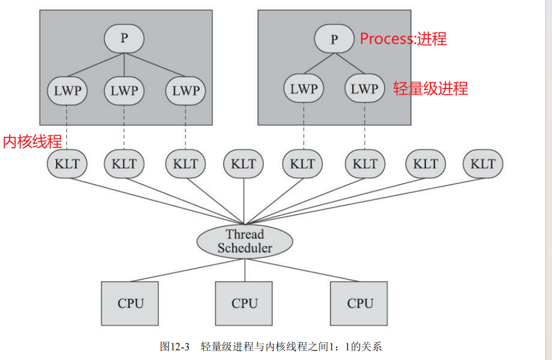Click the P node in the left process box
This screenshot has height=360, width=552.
(124, 39)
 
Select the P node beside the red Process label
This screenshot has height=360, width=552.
(334, 39)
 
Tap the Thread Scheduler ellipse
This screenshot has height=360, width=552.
(245, 241)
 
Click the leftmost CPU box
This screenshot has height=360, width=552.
(131, 303)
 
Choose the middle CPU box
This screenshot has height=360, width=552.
(244, 303)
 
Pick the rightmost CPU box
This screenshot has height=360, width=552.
(360, 303)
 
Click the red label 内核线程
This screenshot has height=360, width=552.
(33, 141)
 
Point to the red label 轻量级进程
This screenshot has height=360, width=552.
(430, 88)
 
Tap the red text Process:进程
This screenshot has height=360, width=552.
(403, 39)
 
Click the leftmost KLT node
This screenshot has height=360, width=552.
(67, 164)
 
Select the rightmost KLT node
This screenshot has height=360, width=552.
(483, 164)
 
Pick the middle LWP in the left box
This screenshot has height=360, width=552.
(124, 90)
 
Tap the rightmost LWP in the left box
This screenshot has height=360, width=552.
(186, 90)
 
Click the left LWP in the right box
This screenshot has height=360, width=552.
(303, 89)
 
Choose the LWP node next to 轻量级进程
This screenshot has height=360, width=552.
(364, 89)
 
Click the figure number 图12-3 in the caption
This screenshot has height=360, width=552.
(175, 346)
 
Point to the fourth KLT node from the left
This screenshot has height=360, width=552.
(244, 164)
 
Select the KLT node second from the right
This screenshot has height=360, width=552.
(425, 164)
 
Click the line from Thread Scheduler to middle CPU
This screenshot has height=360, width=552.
(245, 269)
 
